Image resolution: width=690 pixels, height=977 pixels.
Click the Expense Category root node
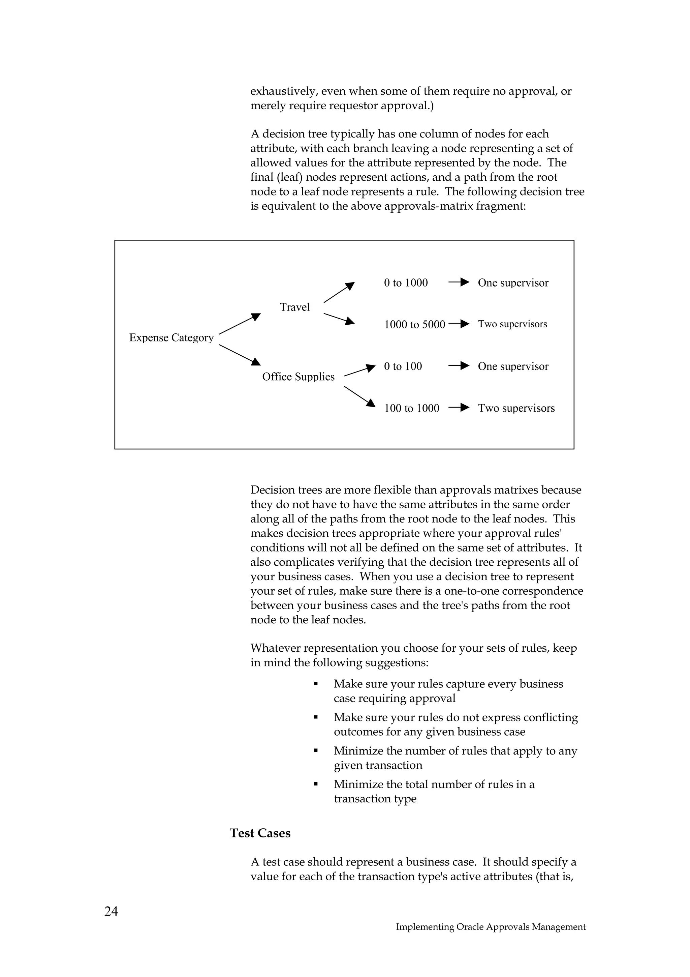[x=171, y=338]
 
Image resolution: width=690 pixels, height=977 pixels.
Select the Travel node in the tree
[x=294, y=307]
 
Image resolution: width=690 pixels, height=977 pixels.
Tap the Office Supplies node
[x=298, y=377]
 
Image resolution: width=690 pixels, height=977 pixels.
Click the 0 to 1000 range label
[x=406, y=283]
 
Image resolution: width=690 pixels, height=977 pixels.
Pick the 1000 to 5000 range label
[x=414, y=325]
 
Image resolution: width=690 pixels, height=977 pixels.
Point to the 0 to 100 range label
[x=403, y=366]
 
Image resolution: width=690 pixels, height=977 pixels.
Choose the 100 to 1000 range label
[x=411, y=409]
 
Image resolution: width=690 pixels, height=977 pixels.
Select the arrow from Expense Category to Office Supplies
[x=239, y=354]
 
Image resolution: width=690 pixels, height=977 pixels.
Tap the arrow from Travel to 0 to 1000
[x=339, y=293]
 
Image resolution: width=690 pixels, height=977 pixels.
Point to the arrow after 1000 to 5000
[x=459, y=324]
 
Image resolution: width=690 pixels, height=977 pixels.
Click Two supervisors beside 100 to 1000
[x=516, y=409]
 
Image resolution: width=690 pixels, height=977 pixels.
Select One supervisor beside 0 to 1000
[x=513, y=283]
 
